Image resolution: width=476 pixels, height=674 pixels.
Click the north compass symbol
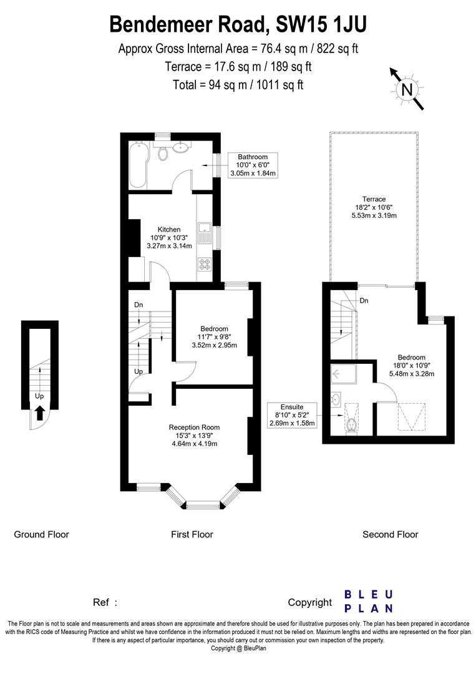pos(407,90)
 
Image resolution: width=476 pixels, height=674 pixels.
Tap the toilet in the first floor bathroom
pos(163,152)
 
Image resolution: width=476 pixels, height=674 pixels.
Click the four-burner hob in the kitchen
pos(205,264)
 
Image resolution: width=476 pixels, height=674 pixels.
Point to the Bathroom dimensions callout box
pos(252,165)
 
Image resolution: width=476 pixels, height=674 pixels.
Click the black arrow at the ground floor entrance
pos(39,413)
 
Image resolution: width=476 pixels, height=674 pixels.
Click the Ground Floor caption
pos(41,534)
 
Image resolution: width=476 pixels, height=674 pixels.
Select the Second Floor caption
pos(391,534)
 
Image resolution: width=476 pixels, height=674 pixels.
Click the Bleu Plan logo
pos(369,601)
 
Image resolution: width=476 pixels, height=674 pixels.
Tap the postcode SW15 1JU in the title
pos(320,24)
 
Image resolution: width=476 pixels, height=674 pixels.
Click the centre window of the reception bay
pos(204,502)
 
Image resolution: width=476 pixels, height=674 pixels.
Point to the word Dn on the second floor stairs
pos(363,300)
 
